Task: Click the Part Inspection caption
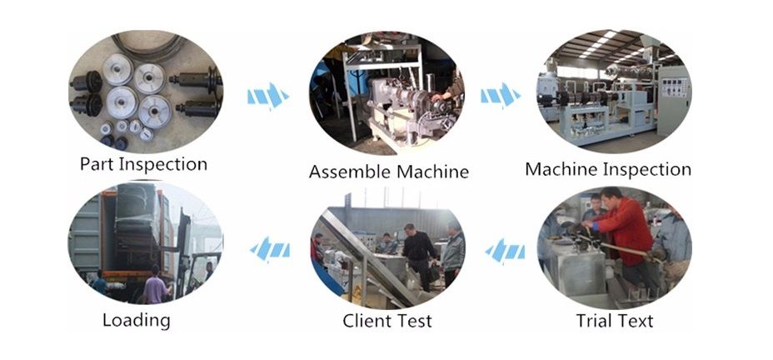click(143, 163)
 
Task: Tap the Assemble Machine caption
click(388, 172)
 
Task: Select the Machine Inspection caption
click(607, 170)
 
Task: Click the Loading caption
click(136, 320)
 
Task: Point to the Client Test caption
click(387, 321)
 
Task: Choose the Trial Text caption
click(615, 321)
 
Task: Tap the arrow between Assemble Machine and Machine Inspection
click(501, 95)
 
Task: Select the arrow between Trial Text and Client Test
click(505, 249)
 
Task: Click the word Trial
click(594, 321)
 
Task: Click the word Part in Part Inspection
click(97, 163)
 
